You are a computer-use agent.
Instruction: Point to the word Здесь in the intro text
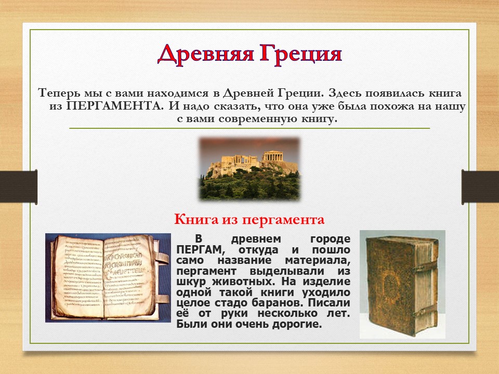pos(345,93)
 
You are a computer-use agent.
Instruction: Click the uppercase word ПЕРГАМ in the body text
pos(201,250)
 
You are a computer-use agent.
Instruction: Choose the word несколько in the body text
pos(287,314)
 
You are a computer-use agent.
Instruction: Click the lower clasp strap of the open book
pos(162,299)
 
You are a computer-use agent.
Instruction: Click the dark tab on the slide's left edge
pos(19,187)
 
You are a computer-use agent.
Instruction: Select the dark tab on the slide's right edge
pos(480,187)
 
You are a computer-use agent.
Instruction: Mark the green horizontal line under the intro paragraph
pos(249,128)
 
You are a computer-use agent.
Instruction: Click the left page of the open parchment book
pos(79,277)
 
